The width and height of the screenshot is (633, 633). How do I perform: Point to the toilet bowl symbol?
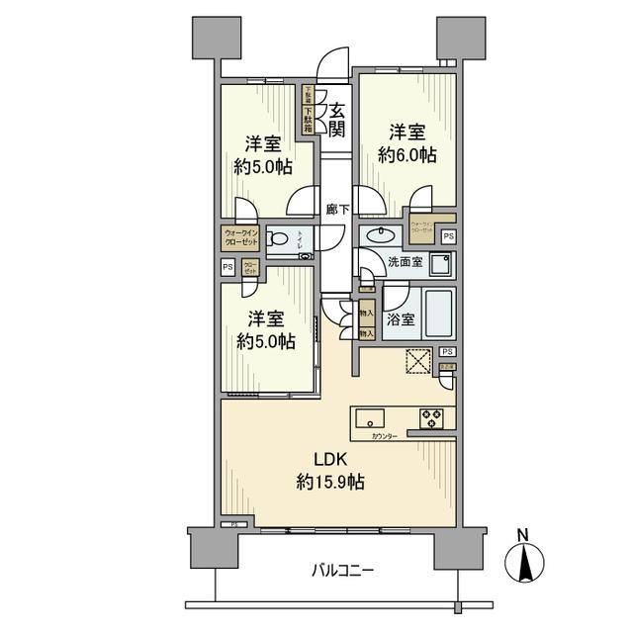coord(280,238)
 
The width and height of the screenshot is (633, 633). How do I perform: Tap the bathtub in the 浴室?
coord(436,314)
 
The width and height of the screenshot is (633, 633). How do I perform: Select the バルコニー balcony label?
coord(342,571)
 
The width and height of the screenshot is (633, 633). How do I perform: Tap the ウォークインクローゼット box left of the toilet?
coord(238,238)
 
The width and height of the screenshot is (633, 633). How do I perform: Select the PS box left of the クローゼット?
coord(227,266)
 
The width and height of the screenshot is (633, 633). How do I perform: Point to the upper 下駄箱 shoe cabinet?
coord(308,97)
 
